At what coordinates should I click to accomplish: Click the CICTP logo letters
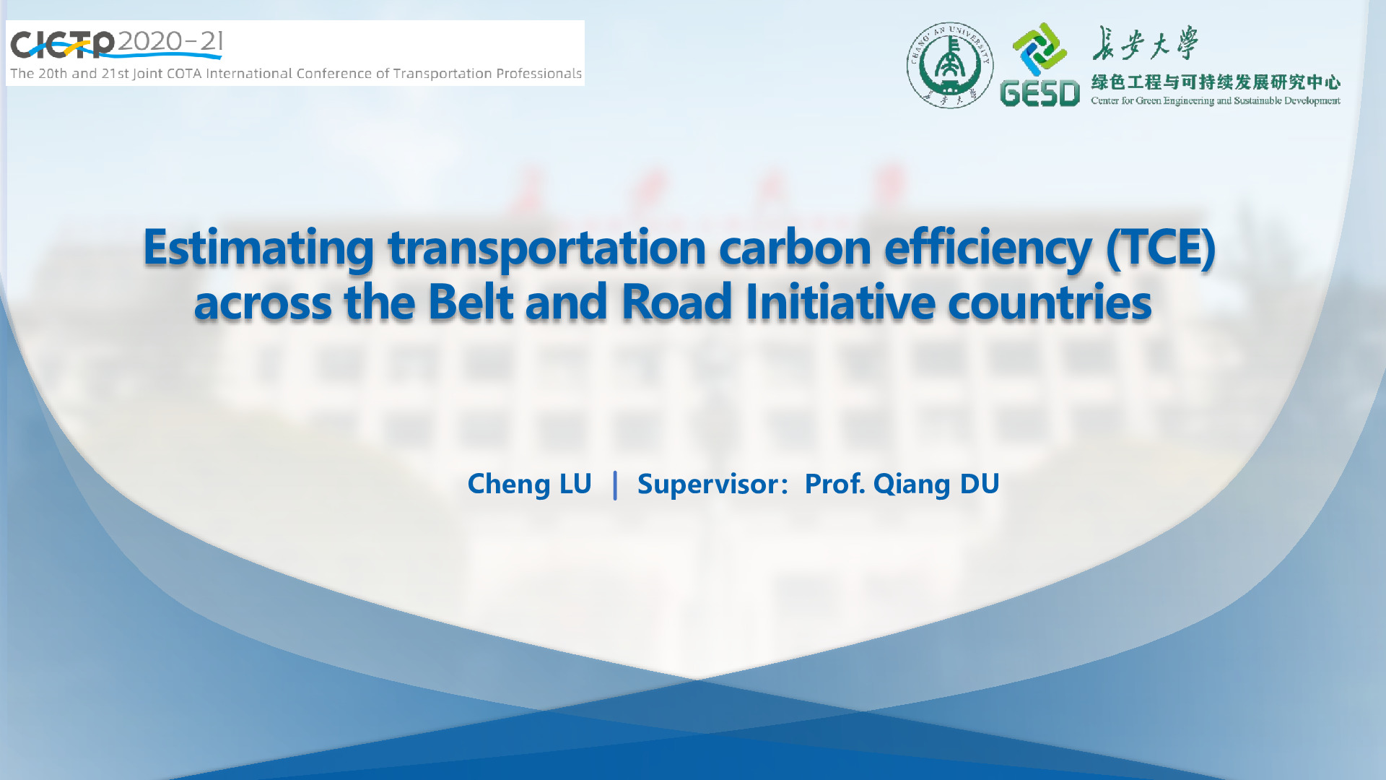(x=62, y=45)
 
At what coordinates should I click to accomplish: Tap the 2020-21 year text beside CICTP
(x=170, y=41)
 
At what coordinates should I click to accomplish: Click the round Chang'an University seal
(x=950, y=65)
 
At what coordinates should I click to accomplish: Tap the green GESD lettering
(x=1039, y=93)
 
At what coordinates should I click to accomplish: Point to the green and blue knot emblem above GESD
(x=1039, y=49)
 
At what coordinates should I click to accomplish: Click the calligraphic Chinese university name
(x=1144, y=43)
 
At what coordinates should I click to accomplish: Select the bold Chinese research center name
(x=1216, y=82)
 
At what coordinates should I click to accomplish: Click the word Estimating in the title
(x=258, y=248)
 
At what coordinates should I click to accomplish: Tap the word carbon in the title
(x=795, y=247)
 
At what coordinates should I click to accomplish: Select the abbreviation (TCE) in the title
(x=1161, y=248)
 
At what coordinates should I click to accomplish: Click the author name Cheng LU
(x=529, y=485)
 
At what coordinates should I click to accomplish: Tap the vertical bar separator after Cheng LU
(x=615, y=485)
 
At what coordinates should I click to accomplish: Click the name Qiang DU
(x=936, y=485)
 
